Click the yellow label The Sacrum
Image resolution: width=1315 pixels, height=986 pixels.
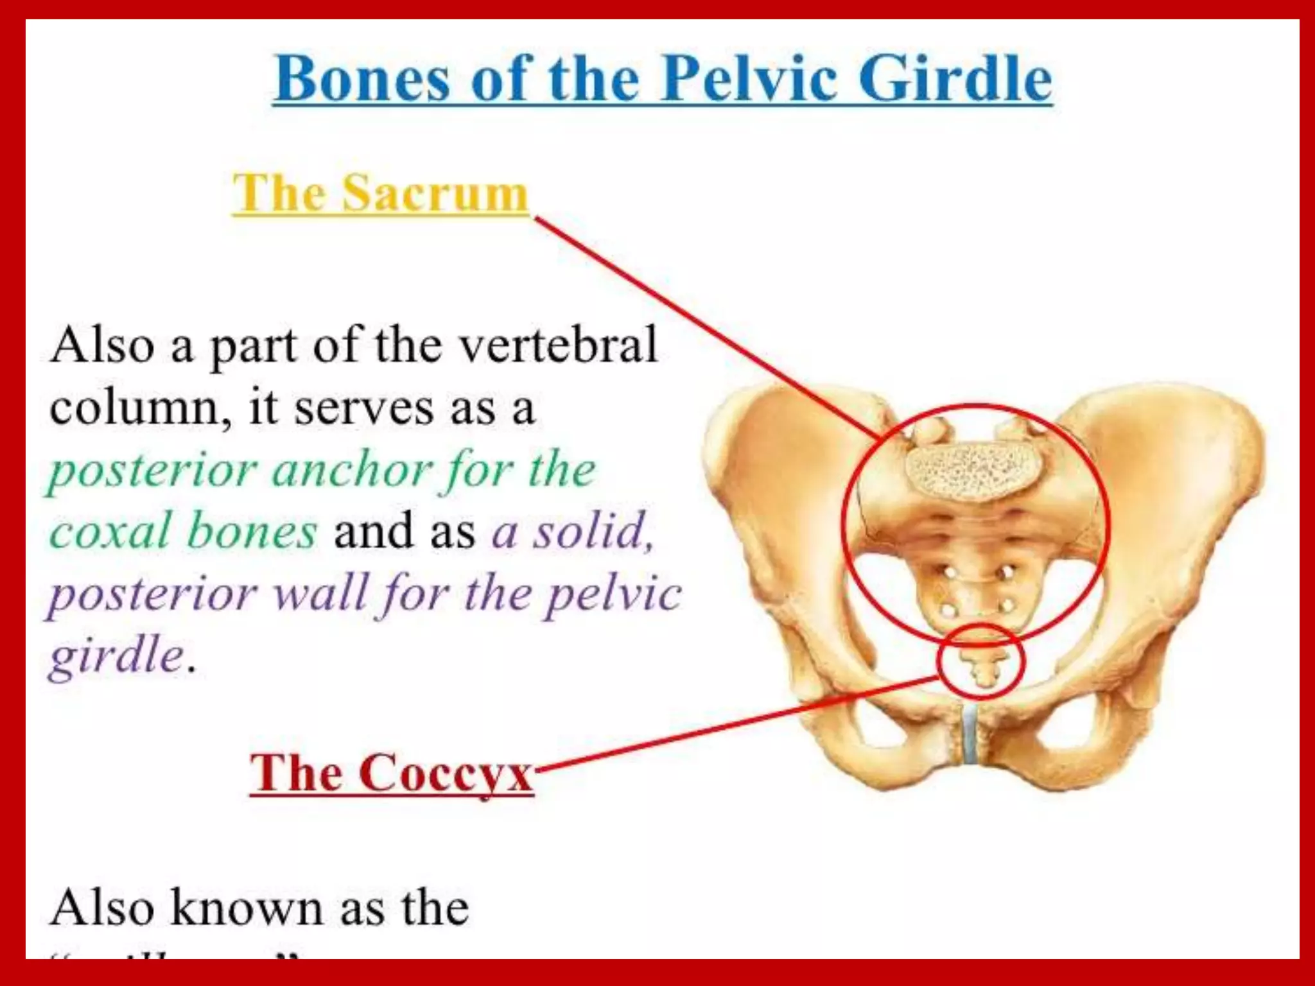point(379,193)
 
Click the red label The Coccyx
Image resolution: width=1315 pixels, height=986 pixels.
point(391,773)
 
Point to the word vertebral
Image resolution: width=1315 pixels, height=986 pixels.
point(559,345)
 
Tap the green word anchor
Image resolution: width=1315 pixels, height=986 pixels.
point(351,471)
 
